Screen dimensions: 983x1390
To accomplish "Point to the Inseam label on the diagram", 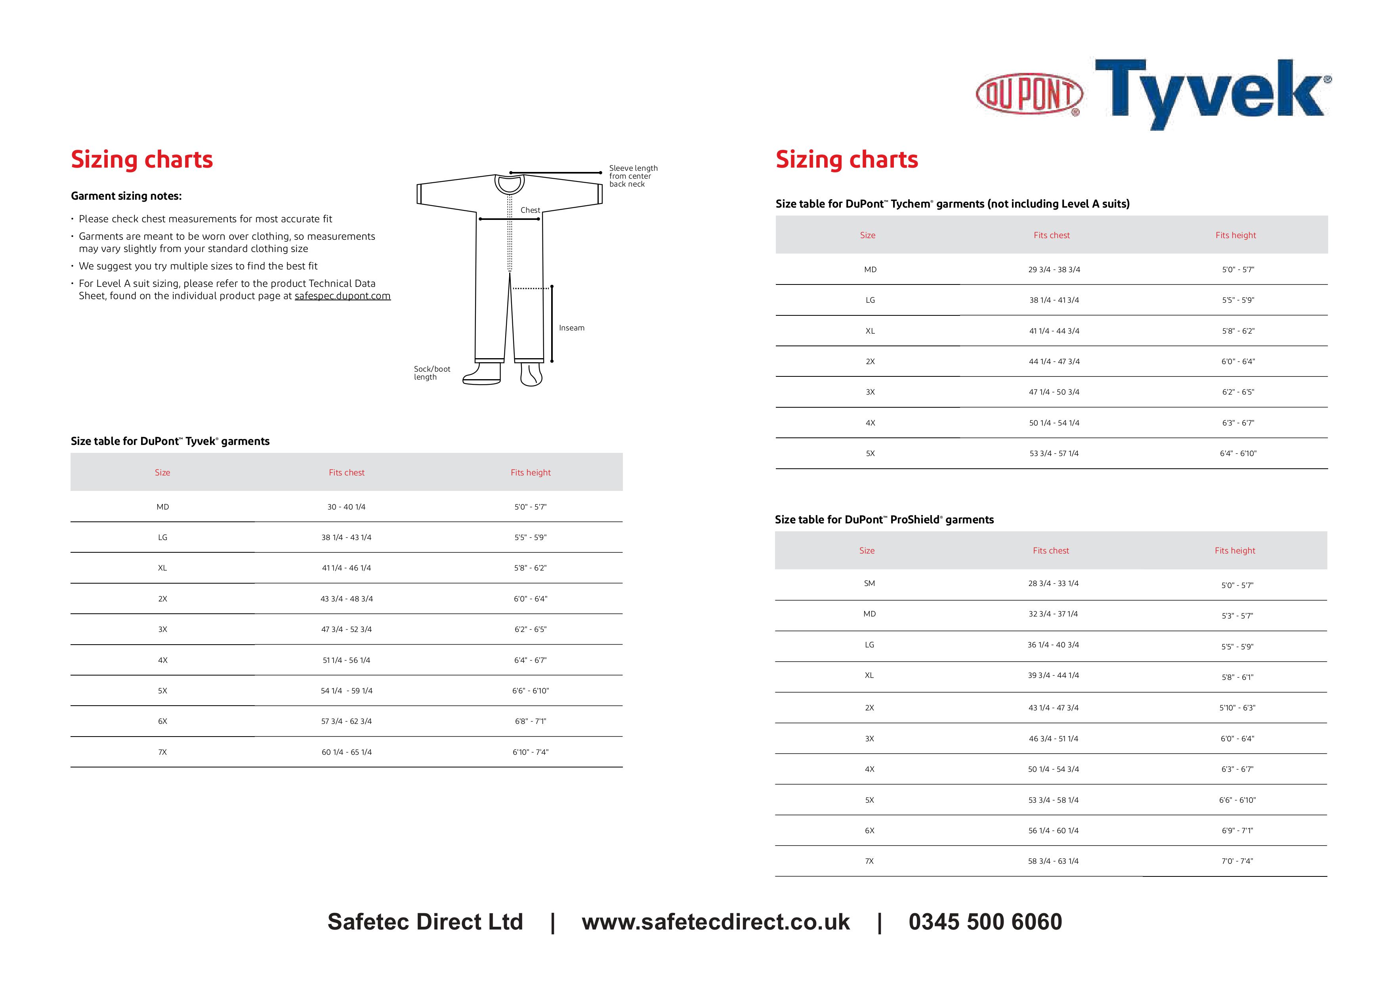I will [x=571, y=328].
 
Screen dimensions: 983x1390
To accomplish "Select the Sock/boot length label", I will [x=432, y=373].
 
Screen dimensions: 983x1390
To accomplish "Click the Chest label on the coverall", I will [x=530, y=210].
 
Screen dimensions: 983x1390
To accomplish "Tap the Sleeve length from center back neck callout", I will [x=633, y=176].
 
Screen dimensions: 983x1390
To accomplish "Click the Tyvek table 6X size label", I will [x=162, y=722].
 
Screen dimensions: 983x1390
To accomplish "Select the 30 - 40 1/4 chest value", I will [x=346, y=507].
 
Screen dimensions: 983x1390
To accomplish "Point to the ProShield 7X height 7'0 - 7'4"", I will [x=1237, y=861].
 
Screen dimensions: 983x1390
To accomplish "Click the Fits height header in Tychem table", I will [x=1235, y=235].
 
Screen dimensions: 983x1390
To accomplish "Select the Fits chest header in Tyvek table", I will [x=346, y=473].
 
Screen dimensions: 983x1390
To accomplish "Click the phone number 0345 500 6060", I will [x=985, y=922].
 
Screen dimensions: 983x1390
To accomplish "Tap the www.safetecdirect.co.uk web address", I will [x=716, y=922].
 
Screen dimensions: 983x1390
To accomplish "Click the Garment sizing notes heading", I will [x=126, y=196].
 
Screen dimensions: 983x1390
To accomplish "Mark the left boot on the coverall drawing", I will [x=483, y=374].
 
